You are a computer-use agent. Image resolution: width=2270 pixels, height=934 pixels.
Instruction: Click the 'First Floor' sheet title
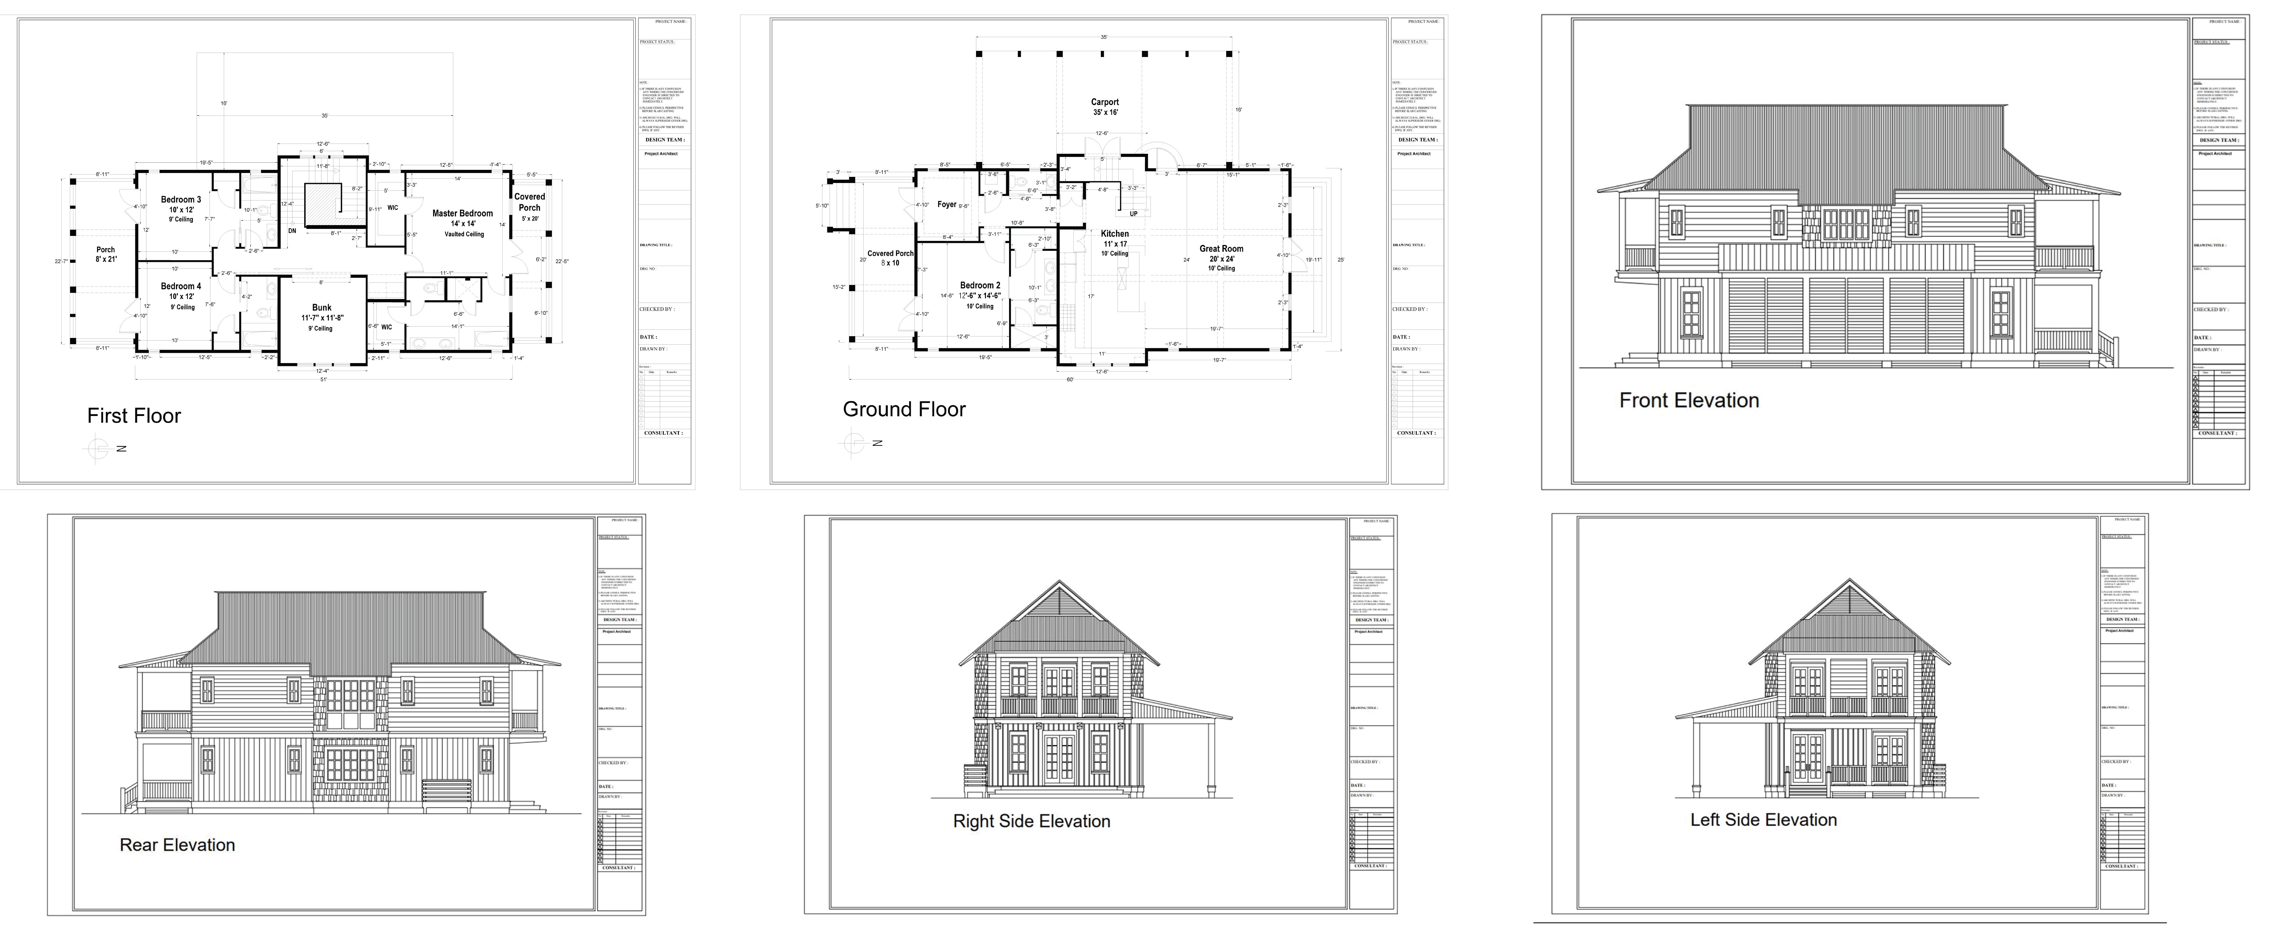(x=134, y=416)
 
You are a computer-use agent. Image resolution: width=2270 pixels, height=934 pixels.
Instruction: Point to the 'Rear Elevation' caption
(x=177, y=845)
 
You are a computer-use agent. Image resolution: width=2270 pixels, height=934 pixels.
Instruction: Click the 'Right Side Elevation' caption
(x=1031, y=821)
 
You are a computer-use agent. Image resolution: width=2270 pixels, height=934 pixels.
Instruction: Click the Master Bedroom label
(x=463, y=213)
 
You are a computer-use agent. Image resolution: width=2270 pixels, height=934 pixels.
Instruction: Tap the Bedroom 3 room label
(x=181, y=200)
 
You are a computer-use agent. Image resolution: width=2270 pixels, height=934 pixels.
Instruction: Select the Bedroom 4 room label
(x=181, y=286)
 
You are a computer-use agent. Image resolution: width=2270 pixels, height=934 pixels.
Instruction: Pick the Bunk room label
(x=322, y=308)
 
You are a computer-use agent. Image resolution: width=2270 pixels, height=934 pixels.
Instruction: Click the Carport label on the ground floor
(x=1105, y=102)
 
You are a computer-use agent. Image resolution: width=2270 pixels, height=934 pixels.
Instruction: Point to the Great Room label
(x=1221, y=248)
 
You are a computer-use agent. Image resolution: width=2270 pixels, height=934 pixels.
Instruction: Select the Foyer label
(x=947, y=204)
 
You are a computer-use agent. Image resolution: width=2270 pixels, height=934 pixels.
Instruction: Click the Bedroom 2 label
(x=980, y=286)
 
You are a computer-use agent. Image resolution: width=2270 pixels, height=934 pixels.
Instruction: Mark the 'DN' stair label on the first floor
(x=292, y=231)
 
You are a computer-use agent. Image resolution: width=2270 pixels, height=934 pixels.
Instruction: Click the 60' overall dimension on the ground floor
(x=1070, y=380)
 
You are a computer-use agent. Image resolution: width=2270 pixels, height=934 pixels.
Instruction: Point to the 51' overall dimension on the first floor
(x=323, y=380)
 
